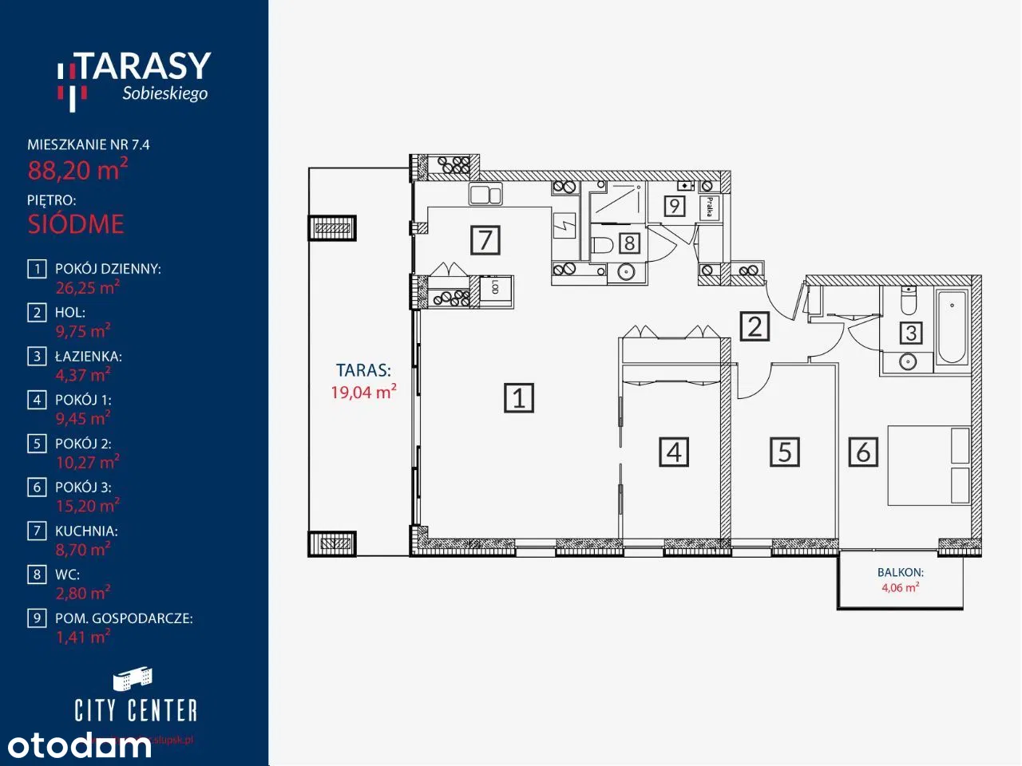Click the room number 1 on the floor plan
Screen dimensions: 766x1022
[519, 397]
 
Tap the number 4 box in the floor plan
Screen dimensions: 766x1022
[674, 452]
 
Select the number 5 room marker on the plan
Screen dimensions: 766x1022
[784, 452]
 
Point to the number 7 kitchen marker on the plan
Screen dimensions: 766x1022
[485, 239]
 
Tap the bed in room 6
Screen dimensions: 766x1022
[929, 466]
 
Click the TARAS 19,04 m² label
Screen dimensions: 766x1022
[363, 381]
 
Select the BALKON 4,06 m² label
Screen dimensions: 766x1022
[900, 579]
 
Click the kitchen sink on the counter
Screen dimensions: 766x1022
[485, 195]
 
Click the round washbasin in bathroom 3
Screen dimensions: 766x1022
[907, 362]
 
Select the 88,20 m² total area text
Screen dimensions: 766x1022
[77, 170]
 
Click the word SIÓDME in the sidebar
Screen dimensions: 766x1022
[76, 224]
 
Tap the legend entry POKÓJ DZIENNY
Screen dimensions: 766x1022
[108, 269]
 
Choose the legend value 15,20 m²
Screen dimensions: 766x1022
[87, 506]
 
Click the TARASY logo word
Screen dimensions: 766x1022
[144, 67]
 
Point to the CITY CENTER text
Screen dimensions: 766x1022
[135, 710]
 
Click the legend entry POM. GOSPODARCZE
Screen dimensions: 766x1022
[124, 618]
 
